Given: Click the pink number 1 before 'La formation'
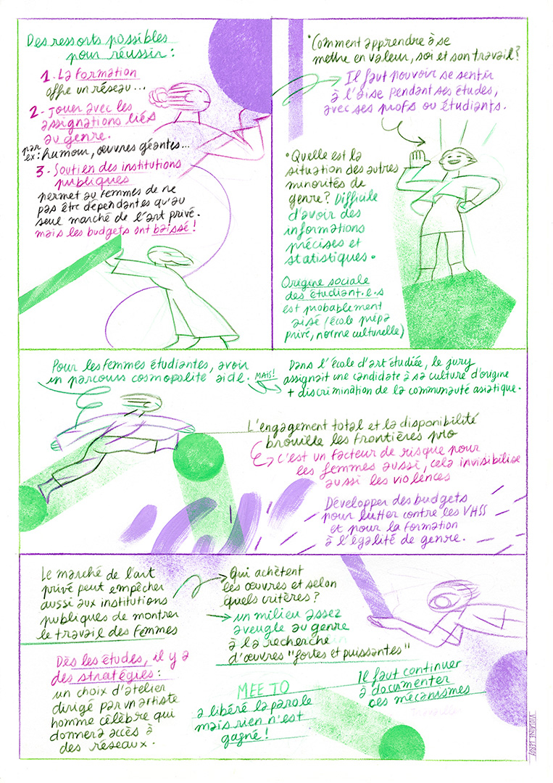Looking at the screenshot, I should [44, 76].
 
